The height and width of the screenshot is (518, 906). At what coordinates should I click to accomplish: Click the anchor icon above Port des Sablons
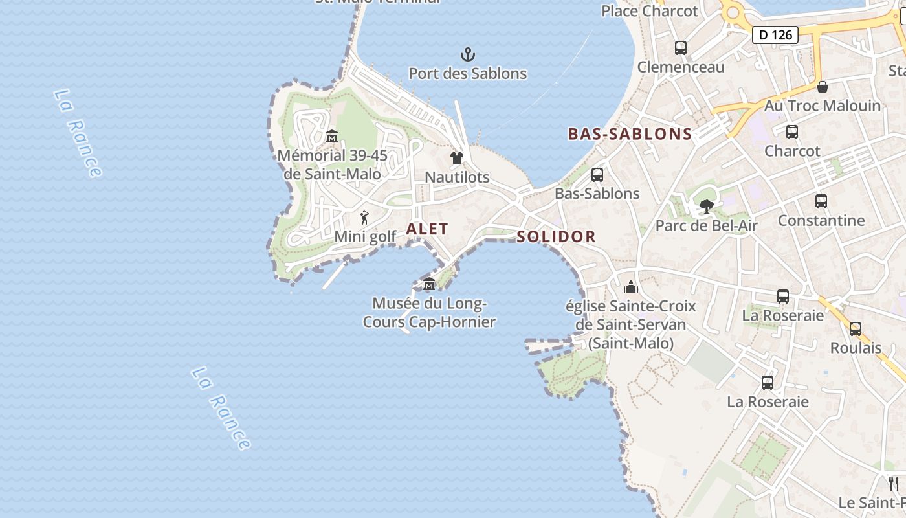point(467,54)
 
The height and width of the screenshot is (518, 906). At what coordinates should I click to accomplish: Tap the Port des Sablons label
point(467,74)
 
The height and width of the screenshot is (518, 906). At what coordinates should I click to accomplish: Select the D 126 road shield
point(775,35)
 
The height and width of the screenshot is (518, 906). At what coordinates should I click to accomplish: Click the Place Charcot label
point(649,11)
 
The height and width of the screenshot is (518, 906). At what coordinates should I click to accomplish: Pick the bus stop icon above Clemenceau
point(680,47)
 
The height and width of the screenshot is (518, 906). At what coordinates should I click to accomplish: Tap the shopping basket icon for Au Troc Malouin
point(822,87)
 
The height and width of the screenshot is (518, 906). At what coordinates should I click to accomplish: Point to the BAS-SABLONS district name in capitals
point(630,134)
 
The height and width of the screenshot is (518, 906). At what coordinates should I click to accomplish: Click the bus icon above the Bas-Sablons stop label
point(597,175)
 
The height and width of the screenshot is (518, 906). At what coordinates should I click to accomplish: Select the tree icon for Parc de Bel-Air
point(706,207)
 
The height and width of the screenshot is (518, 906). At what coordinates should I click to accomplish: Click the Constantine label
point(821,220)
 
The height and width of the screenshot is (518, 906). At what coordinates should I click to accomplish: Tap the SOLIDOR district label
point(556,236)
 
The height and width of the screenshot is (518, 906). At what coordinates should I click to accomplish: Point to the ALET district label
point(427,229)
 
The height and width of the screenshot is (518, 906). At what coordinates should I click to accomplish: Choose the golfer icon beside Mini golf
point(364,218)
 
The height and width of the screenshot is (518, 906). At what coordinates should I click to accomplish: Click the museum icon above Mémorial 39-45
point(332,136)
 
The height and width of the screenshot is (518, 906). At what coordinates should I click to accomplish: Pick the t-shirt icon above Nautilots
point(457,158)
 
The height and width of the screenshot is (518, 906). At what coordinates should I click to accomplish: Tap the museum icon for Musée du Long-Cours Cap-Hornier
point(428,284)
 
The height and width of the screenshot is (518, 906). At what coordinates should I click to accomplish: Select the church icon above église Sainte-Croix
point(631,287)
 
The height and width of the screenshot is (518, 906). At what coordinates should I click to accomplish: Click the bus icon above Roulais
point(856,329)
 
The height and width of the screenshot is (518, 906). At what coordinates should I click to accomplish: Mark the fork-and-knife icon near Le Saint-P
point(894,483)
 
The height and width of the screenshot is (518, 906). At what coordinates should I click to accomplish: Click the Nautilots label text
point(457,177)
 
